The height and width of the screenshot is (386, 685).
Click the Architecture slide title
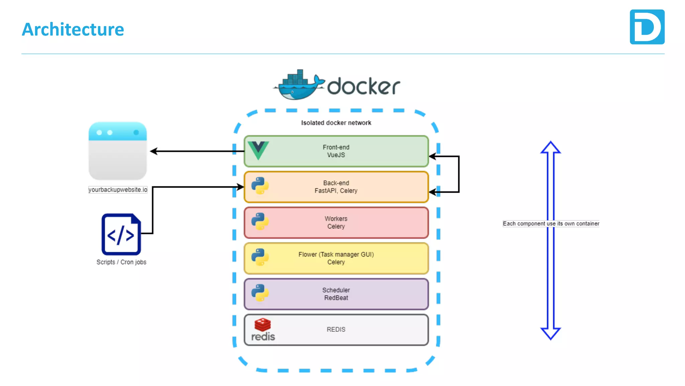point(73,29)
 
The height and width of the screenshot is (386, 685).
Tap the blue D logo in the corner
point(647,27)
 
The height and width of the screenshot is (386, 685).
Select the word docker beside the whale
point(363,86)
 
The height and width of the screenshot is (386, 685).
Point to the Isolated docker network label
point(336,123)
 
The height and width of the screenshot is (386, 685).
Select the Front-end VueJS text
point(336,151)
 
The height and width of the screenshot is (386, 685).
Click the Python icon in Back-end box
point(260,186)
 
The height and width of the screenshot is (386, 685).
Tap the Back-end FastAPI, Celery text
point(336,187)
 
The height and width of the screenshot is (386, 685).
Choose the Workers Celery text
point(336,222)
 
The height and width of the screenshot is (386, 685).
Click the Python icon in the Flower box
point(260,257)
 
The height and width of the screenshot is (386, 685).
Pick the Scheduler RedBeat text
point(336,294)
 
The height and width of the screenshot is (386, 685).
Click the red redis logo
point(263,329)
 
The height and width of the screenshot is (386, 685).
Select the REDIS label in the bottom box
point(336,329)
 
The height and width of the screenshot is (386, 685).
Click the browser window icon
point(117,151)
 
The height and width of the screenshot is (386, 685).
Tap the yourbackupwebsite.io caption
point(118,190)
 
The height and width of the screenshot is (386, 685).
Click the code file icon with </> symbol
point(121,234)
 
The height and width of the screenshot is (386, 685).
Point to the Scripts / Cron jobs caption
point(121,262)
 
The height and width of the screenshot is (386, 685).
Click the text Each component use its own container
point(551,223)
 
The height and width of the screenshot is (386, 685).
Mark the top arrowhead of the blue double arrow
point(551,147)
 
